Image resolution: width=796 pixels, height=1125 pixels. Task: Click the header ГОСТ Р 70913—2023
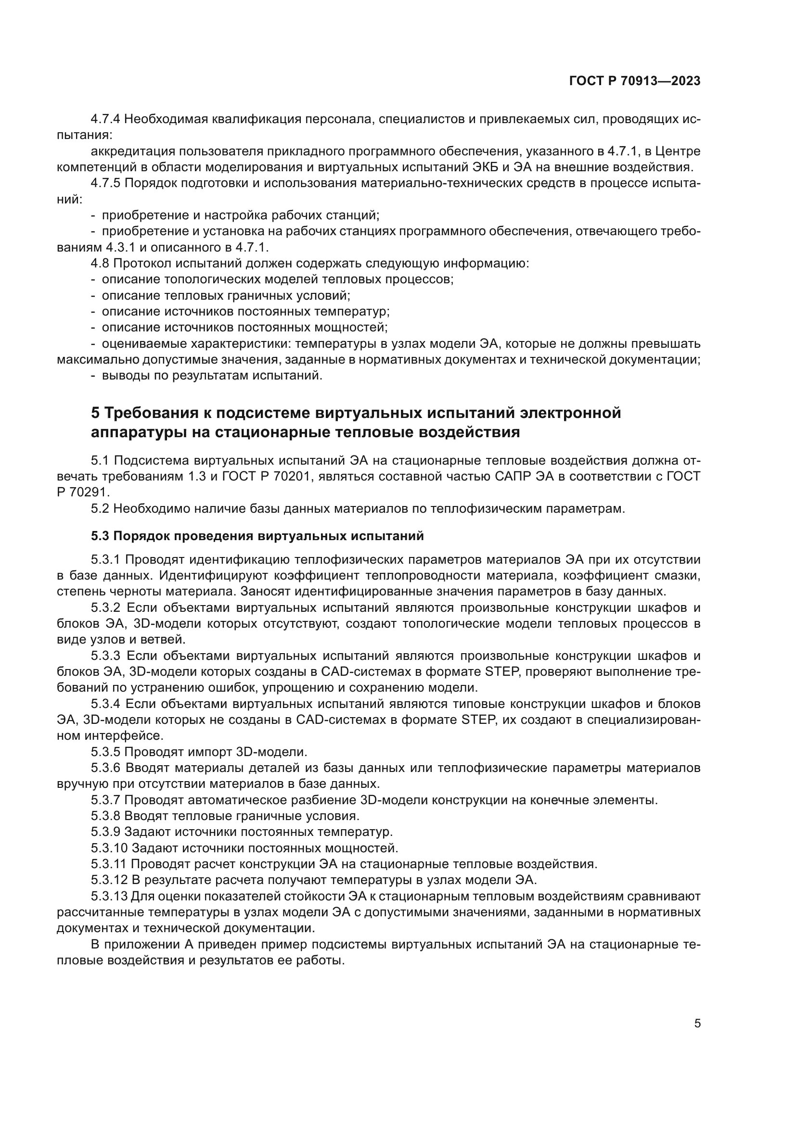tap(635, 81)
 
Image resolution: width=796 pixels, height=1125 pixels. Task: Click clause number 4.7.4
tap(106, 119)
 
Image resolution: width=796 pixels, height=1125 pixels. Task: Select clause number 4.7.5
tap(106, 183)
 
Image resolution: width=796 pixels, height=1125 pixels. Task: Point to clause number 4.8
tap(100, 264)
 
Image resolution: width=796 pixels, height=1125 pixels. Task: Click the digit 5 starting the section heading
tap(96, 413)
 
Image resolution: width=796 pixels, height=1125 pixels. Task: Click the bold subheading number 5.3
tap(100, 536)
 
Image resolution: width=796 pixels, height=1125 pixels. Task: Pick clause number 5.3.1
tap(106, 559)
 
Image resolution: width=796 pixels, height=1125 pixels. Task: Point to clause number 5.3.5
tap(106, 752)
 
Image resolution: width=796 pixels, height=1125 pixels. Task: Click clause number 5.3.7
tap(106, 800)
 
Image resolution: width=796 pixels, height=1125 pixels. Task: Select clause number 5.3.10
tap(109, 847)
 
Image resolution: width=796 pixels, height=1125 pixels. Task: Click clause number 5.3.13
tap(109, 896)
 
